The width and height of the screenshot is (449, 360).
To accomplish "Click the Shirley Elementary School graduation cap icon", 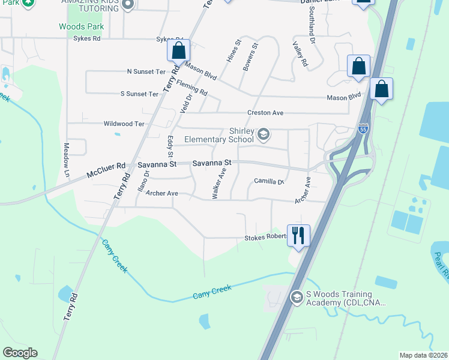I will (263, 134).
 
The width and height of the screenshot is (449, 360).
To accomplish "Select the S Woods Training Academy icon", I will (296, 297).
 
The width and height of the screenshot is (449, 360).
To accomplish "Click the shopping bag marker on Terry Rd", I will (178, 50).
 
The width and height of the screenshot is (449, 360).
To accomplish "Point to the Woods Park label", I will (82, 26).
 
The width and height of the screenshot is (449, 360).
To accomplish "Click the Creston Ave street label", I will (265, 113).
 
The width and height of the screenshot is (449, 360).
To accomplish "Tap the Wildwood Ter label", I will (124, 124).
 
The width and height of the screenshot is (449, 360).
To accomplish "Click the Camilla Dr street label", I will (268, 181).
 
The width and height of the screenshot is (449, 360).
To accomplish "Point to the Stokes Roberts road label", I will (264, 237).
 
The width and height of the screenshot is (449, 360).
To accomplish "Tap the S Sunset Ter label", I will (139, 94).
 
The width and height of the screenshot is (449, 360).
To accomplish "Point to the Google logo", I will (20, 353).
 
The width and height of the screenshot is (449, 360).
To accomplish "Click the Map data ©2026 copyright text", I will (423, 355).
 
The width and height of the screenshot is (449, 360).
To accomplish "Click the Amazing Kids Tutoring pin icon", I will (127, 5).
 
